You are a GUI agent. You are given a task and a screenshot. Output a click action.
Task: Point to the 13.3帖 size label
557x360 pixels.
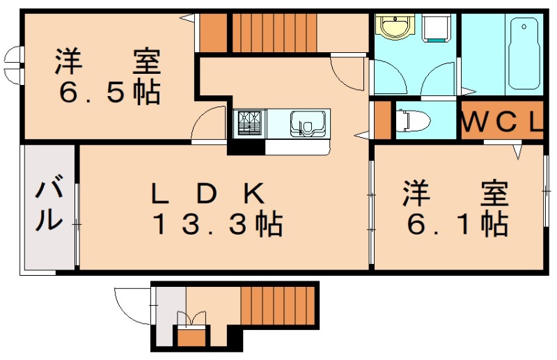(x=217, y=224)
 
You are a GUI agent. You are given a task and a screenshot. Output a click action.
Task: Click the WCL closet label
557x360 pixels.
(x=502, y=122)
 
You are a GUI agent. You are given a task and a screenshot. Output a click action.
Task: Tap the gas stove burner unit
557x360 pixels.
(x=250, y=124)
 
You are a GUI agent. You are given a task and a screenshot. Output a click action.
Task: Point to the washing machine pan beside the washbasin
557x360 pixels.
(x=437, y=28)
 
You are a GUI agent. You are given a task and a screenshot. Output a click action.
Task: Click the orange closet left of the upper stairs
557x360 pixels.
(x=214, y=32)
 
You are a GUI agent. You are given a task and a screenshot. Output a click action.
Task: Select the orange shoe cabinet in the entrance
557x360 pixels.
(x=189, y=338)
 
